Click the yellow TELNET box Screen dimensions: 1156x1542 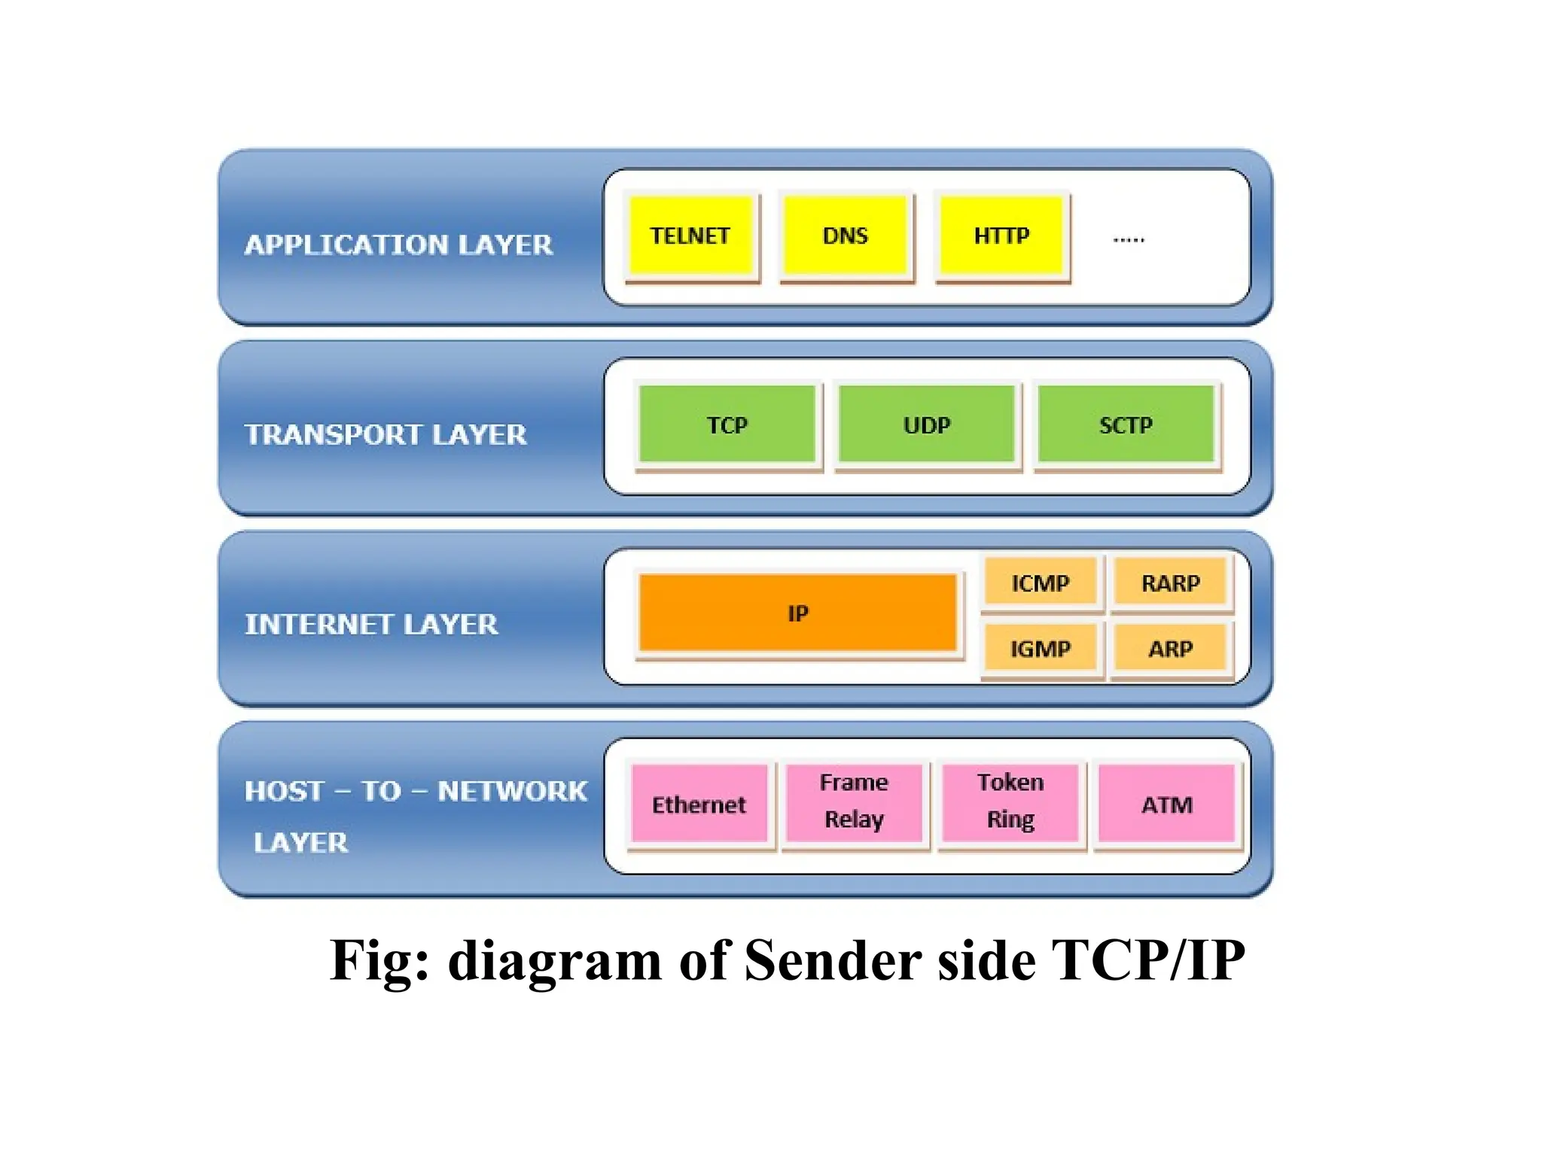(x=690, y=236)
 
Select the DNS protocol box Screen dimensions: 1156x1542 (x=846, y=236)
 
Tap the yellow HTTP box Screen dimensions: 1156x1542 (x=1001, y=236)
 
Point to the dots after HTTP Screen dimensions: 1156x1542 (x=1129, y=240)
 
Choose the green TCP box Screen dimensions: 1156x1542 (x=727, y=424)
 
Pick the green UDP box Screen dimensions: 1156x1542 (x=927, y=424)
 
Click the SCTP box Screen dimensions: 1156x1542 (x=1126, y=424)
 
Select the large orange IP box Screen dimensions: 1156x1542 (x=797, y=613)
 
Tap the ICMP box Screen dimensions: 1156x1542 (x=1041, y=582)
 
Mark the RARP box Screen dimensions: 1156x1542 (x=1171, y=582)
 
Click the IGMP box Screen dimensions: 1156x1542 (x=1041, y=647)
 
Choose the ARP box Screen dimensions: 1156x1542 (x=1171, y=647)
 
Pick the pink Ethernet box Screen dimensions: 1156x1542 (x=699, y=804)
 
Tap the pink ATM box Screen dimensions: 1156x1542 (x=1167, y=804)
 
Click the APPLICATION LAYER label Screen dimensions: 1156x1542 (x=398, y=245)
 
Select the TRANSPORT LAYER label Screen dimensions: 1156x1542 (x=385, y=434)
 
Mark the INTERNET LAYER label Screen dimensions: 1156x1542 (x=371, y=624)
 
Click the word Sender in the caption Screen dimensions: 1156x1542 (x=833, y=961)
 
